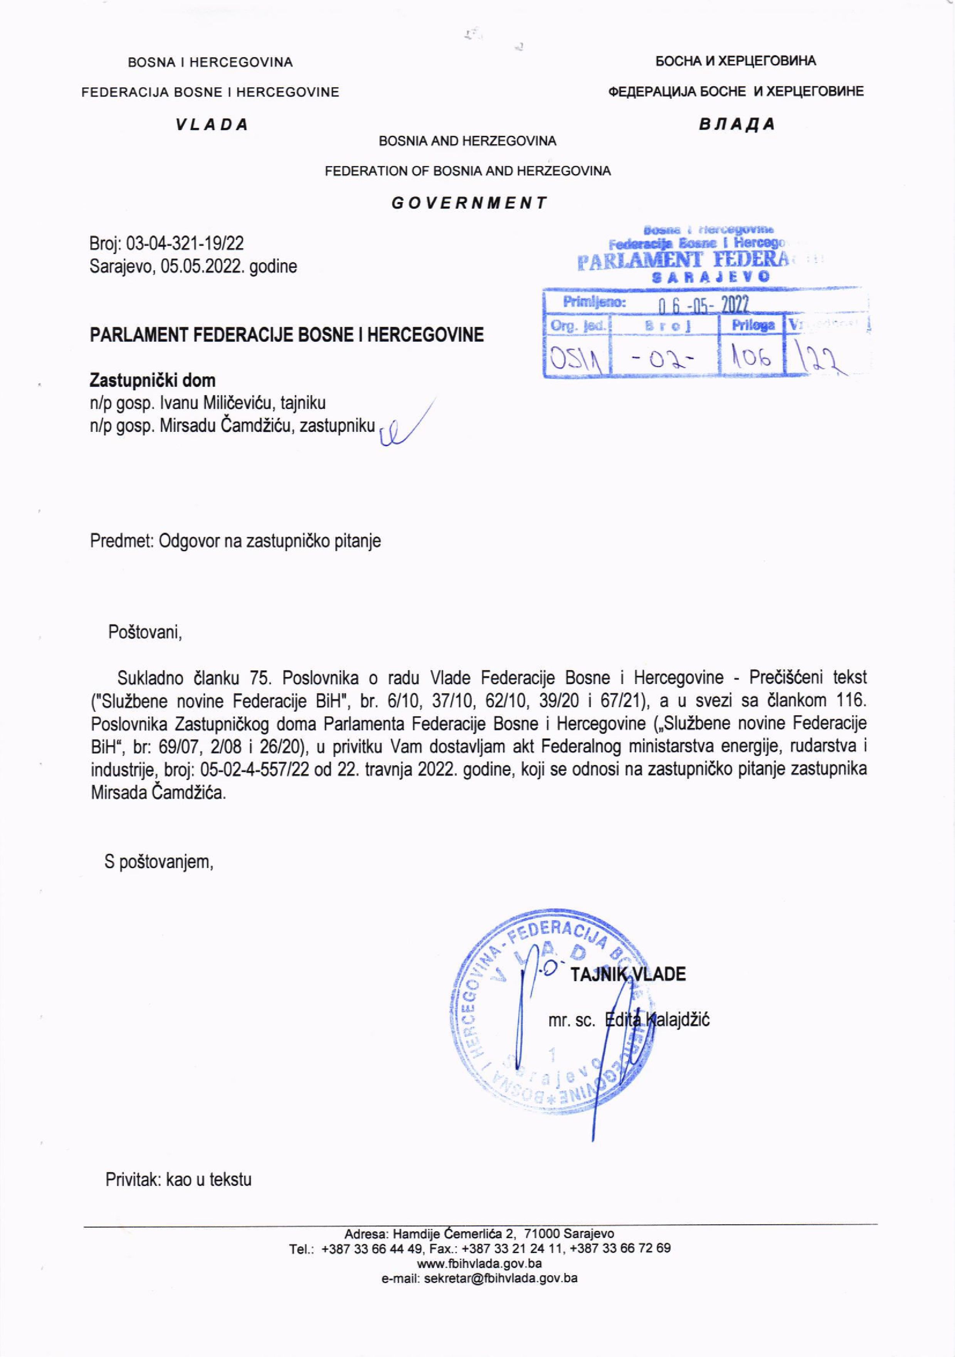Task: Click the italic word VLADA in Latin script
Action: [x=211, y=125]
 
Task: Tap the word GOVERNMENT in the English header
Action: [x=469, y=203]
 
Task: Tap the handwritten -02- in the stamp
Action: [x=666, y=358]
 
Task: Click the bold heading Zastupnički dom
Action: [x=153, y=380]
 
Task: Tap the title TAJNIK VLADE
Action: [x=627, y=975]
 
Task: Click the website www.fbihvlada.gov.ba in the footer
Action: [x=479, y=1264]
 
